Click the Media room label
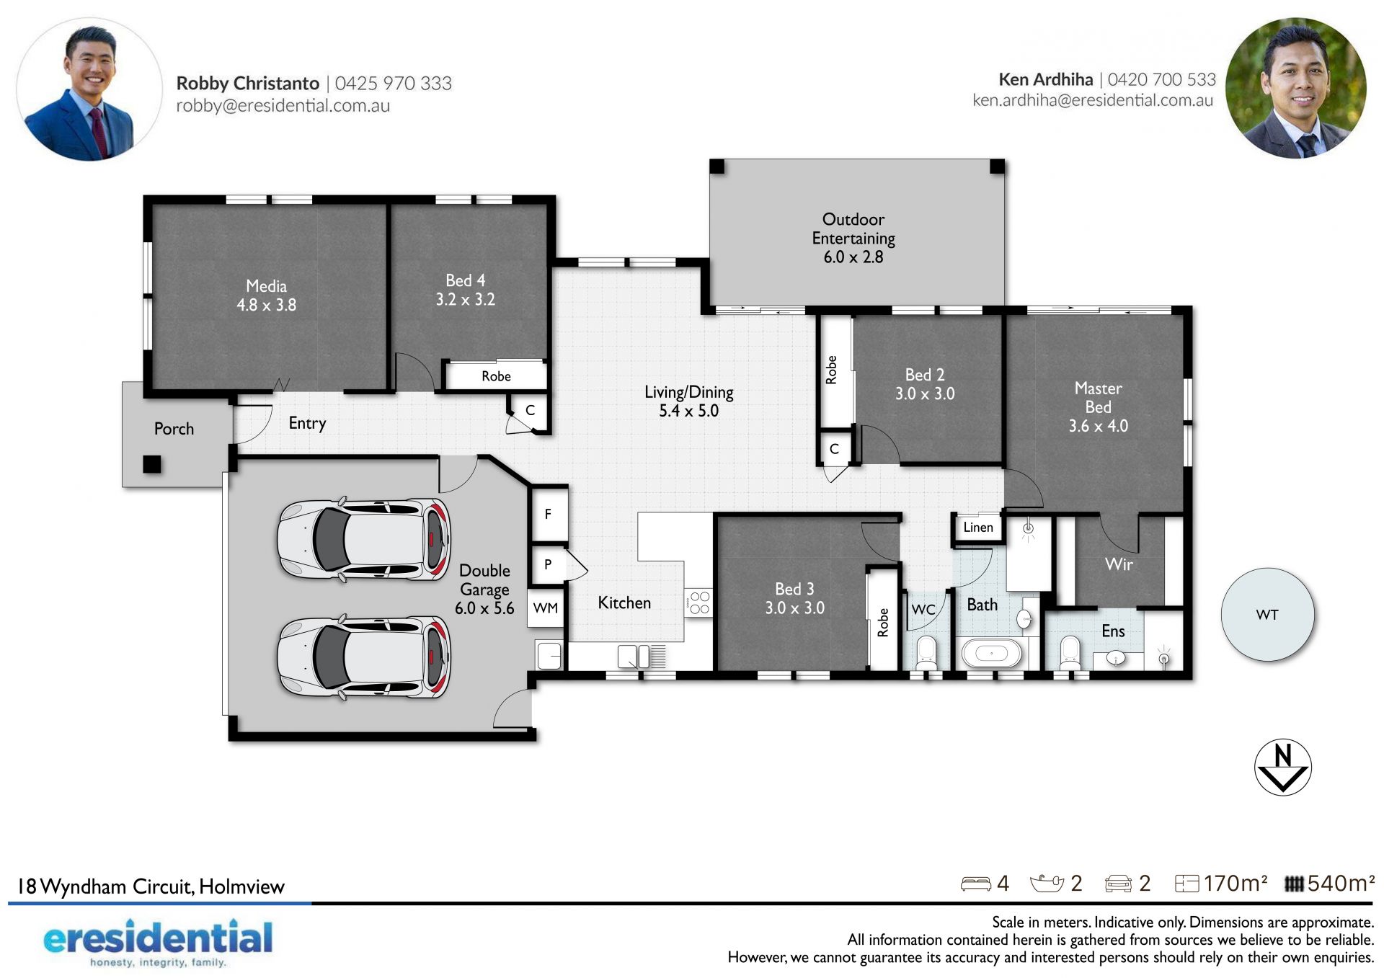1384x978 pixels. tap(266, 286)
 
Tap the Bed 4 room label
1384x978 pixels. tap(465, 280)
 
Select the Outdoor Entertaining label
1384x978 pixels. tap(853, 228)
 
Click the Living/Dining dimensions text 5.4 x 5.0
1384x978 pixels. tap(688, 411)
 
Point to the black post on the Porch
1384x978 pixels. tap(152, 464)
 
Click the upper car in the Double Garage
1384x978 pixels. tap(364, 539)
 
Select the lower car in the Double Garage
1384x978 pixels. tap(364, 657)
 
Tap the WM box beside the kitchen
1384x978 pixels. tap(546, 608)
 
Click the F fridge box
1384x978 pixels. tap(549, 514)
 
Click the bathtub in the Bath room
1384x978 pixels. tap(992, 654)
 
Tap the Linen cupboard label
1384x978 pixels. tap(977, 528)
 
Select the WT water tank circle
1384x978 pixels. tap(1267, 615)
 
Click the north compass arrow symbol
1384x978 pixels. tap(1282, 767)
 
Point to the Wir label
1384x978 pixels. tap(1119, 564)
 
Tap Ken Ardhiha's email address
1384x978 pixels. tap(1093, 100)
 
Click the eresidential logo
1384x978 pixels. tap(158, 942)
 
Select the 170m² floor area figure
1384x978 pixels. tap(1235, 884)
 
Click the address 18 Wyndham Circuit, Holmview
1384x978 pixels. tap(151, 886)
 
